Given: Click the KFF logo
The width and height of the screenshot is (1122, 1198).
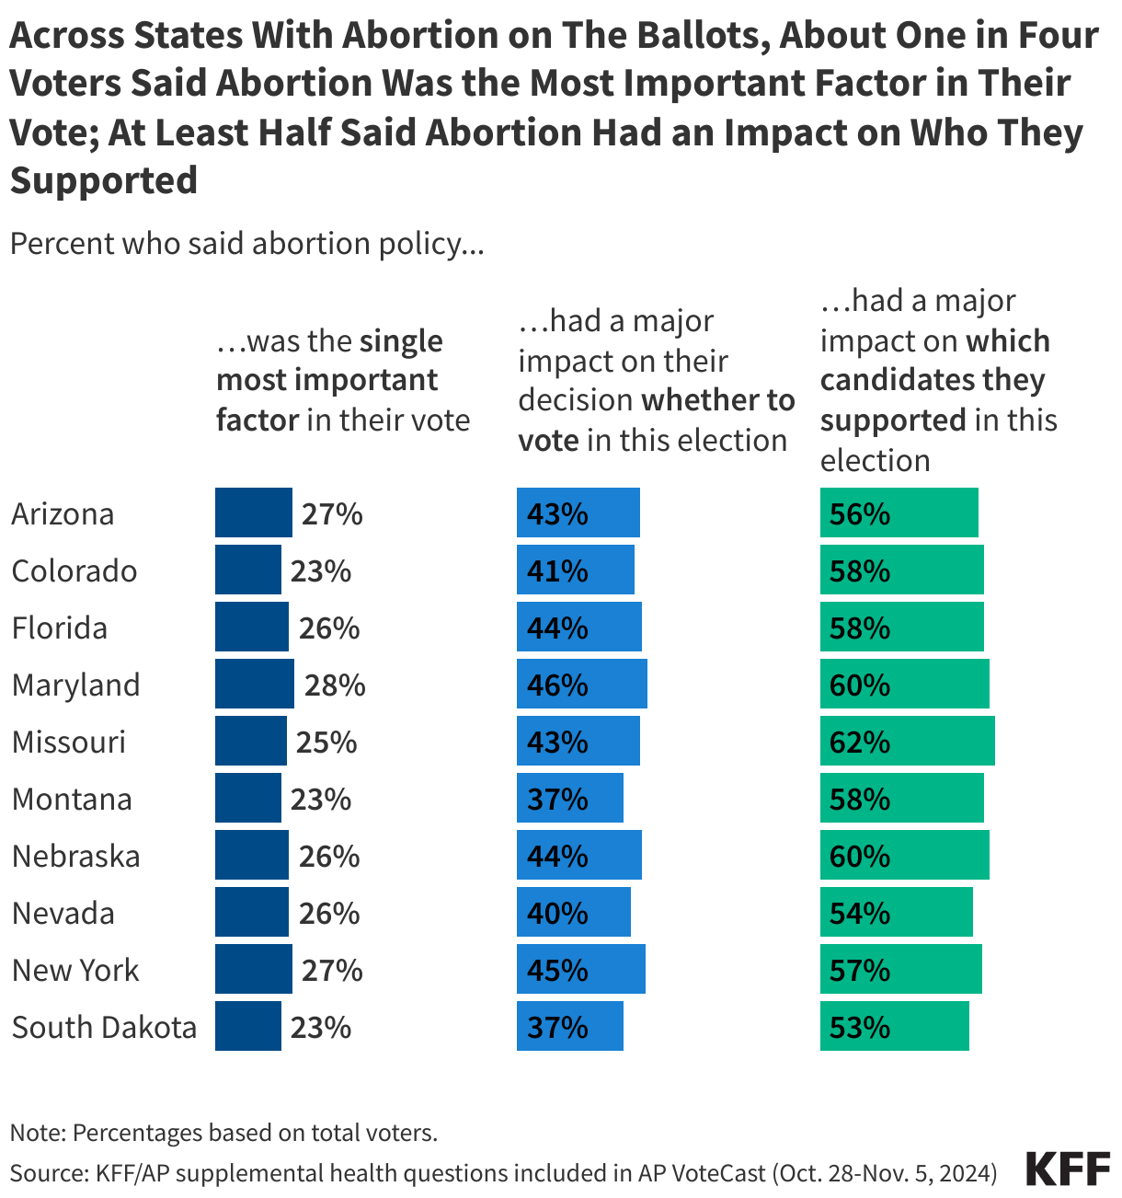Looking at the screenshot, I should pyautogui.click(x=1068, y=1169).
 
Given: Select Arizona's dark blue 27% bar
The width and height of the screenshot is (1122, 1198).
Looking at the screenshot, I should pyautogui.click(x=253, y=513).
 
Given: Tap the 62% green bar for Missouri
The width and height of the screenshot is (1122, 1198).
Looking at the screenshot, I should pyautogui.click(x=907, y=742).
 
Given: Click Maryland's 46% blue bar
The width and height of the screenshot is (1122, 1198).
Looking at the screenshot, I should pyautogui.click(x=581, y=685).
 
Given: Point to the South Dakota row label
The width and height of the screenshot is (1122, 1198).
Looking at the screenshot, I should pyautogui.click(x=104, y=1027).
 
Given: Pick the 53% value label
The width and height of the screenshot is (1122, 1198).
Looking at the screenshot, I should pyautogui.click(x=859, y=1027).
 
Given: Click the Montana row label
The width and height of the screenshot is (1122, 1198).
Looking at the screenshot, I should pyautogui.click(x=72, y=799).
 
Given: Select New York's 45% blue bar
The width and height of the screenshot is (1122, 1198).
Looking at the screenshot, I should pyautogui.click(x=580, y=970).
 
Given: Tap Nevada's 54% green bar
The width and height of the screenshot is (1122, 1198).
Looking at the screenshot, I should pyautogui.click(x=896, y=913).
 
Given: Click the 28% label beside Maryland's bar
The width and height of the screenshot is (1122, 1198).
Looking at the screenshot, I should pyautogui.click(x=335, y=685).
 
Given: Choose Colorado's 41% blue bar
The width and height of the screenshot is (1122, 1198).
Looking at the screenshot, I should pyautogui.click(x=575, y=570).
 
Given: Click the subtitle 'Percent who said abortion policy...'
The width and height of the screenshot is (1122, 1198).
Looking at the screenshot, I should pyautogui.click(x=246, y=244).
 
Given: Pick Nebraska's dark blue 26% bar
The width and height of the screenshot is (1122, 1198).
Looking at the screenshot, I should pyautogui.click(x=251, y=856).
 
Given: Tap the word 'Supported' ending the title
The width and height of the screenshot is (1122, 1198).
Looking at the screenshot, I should pyautogui.click(x=103, y=180).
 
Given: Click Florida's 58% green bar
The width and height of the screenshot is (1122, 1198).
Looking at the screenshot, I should pyautogui.click(x=901, y=628).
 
